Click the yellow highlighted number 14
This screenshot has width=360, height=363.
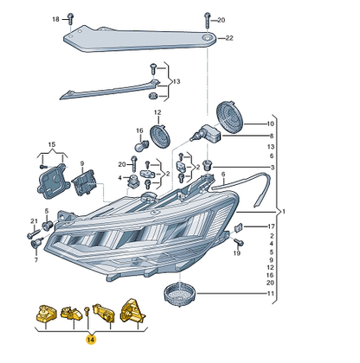[x=90, y=340]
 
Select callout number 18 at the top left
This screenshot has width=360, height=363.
[x=55, y=19]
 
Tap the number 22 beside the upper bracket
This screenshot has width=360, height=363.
[x=229, y=38]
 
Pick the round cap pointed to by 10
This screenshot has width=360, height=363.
[x=229, y=118]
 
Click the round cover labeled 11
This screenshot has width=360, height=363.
[x=180, y=295]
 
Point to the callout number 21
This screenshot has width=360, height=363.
[x=34, y=221]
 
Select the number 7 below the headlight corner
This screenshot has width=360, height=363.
[x=36, y=260]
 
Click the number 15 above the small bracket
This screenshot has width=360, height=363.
[x=52, y=144]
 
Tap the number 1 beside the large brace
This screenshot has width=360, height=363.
[x=284, y=212]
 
